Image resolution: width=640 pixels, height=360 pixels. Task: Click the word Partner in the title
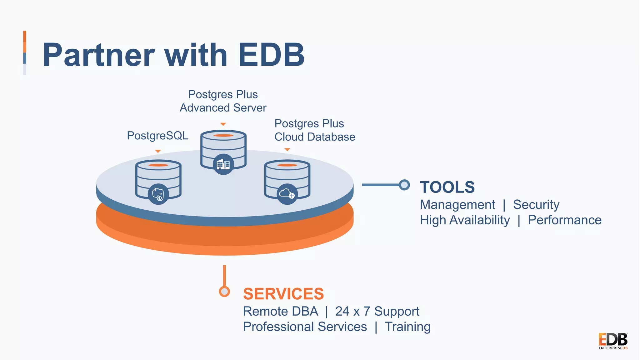click(x=99, y=55)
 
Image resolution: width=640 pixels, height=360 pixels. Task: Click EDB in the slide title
click(x=271, y=55)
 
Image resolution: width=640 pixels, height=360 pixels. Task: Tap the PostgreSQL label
click(x=157, y=136)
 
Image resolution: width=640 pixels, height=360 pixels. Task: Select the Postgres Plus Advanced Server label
click(x=223, y=101)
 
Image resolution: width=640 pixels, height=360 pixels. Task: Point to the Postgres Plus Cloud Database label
click(x=314, y=130)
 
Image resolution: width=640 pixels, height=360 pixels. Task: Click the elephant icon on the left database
click(x=158, y=194)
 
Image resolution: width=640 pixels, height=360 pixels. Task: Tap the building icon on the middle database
click(x=223, y=164)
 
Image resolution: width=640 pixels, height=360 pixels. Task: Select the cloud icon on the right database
click(x=287, y=194)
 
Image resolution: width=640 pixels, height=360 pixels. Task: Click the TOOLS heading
click(x=447, y=187)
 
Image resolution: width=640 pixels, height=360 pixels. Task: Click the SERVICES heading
click(x=283, y=294)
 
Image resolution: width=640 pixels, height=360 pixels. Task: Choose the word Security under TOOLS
click(x=536, y=205)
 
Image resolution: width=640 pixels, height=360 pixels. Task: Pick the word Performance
click(x=564, y=220)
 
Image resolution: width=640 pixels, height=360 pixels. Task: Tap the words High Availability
click(x=465, y=220)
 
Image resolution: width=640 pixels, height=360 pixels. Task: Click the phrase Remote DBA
click(x=280, y=311)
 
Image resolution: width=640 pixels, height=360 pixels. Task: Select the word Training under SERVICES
click(x=407, y=327)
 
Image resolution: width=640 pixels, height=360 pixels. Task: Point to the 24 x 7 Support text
click(x=377, y=311)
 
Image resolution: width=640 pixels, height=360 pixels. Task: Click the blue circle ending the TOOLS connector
click(x=404, y=185)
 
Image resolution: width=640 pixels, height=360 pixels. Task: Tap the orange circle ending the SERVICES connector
click(x=224, y=291)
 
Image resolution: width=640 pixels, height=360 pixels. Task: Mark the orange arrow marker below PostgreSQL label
click(x=158, y=151)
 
